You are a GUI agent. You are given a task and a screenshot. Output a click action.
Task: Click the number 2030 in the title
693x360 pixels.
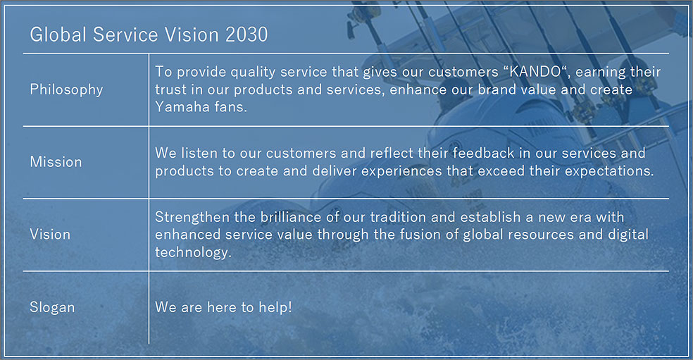click(246, 35)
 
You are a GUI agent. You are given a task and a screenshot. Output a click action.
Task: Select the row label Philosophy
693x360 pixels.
click(66, 89)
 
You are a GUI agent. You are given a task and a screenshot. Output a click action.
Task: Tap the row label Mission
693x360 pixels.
click(56, 162)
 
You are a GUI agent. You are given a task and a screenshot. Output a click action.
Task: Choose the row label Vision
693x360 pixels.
click(50, 235)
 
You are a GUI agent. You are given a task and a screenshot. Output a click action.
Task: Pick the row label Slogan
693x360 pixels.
click(52, 307)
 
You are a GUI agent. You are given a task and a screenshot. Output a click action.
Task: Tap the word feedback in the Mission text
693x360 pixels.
click(484, 153)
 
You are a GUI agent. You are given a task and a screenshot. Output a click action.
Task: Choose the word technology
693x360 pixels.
click(193, 252)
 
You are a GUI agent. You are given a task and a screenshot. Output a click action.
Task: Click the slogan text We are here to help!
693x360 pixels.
click(223, 307)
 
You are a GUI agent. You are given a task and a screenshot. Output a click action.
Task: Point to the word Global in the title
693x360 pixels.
click(58, 35)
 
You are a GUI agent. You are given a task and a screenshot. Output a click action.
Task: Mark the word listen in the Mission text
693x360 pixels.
click(199, 153)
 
